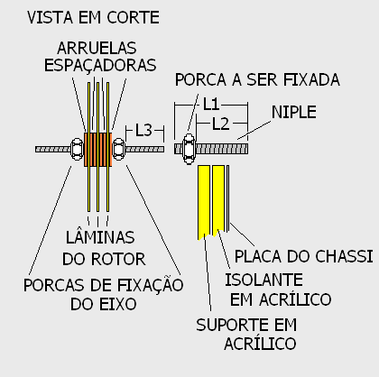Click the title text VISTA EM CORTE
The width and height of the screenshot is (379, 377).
[93, 17]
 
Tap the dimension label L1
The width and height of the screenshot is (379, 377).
[211, 105]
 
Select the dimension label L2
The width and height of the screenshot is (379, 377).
[221, 124]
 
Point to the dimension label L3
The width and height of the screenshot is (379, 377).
[143, 131]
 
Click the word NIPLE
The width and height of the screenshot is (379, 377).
[294, 112]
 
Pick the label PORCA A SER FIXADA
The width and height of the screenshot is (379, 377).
[257, 80]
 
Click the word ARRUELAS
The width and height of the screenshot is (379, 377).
[97, 48]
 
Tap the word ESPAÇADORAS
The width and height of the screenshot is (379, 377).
[100, 66]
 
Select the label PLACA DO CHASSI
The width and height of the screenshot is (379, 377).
[303, 256]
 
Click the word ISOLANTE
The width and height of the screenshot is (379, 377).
[263, 280]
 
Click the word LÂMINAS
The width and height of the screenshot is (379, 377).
[100, 236]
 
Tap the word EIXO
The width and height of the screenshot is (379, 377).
[118, 304]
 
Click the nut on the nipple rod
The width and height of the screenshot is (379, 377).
[189, 149]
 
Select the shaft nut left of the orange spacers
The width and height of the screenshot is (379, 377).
[77, 149]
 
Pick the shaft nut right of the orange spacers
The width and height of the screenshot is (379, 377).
[118, 149]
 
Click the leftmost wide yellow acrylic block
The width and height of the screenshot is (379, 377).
[204, 202]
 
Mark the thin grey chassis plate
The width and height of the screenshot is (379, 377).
[227, 198]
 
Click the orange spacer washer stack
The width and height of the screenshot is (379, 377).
[98, 150]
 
